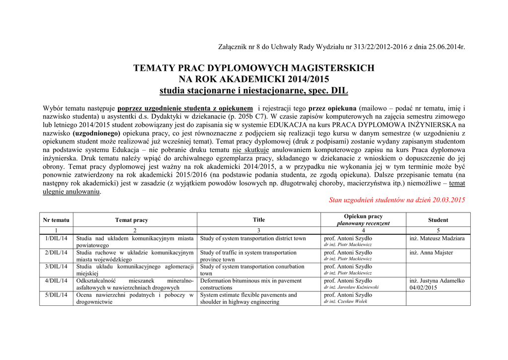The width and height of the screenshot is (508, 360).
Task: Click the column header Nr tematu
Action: tap(56, 220)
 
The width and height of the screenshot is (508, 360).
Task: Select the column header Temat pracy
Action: tap(131, 220)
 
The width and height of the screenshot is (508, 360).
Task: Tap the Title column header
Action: tap(259, 219)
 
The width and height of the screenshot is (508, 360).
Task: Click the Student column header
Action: tap(438, 220)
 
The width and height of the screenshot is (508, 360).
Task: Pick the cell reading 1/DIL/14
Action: tap(56, 238)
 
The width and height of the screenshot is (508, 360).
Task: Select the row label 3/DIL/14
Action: tap(56, 267)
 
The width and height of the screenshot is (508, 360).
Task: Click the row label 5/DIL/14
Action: tap(56, 295)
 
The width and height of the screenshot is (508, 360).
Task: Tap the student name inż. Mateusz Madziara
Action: tap(437, 238)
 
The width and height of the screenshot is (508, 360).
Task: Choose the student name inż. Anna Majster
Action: tap(431, 253)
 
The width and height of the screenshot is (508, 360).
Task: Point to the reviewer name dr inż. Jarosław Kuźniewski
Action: tap(351, 287)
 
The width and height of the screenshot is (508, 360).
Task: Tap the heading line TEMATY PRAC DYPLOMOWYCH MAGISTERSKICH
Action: tap(254, 68)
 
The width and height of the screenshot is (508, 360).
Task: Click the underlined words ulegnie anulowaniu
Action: tap(71, 191)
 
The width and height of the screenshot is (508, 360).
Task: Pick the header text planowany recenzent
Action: tap(364, 223)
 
